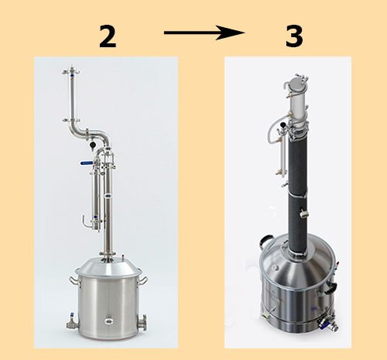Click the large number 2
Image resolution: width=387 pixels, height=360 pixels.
click(x=108, y=36)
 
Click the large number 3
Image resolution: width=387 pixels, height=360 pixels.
click(x=294, y=36)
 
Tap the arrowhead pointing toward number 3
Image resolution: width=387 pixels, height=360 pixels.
click(x=231, y=33)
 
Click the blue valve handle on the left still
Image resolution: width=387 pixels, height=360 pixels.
click(x=87, y=163)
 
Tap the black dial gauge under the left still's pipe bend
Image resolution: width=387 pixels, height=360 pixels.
click(x=92, y=146)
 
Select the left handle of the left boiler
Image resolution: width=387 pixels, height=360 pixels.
click(x=74, y=281)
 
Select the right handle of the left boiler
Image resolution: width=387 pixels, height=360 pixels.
click(x=143, y=280)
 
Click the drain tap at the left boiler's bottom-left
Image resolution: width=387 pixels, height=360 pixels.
click(x=73, y=322)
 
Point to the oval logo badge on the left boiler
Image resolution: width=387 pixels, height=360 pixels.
click(x=109, y=321)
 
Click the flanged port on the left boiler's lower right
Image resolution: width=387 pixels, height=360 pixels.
click(x=142, y=323)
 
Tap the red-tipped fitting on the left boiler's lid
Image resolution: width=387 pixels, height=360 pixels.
click(x=123, y=258)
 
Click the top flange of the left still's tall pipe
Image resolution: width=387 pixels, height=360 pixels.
click(x=71, y=71)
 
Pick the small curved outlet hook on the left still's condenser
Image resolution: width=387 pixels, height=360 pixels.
click(x=86, y=222)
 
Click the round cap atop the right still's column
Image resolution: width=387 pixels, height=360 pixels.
click(x=295, y=83)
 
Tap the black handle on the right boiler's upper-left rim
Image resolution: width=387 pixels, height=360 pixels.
click(x=265, y=241)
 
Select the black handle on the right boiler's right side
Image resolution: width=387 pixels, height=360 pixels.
click(x=330, y=289)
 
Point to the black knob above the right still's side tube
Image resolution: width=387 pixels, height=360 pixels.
click(x=283, y=125)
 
